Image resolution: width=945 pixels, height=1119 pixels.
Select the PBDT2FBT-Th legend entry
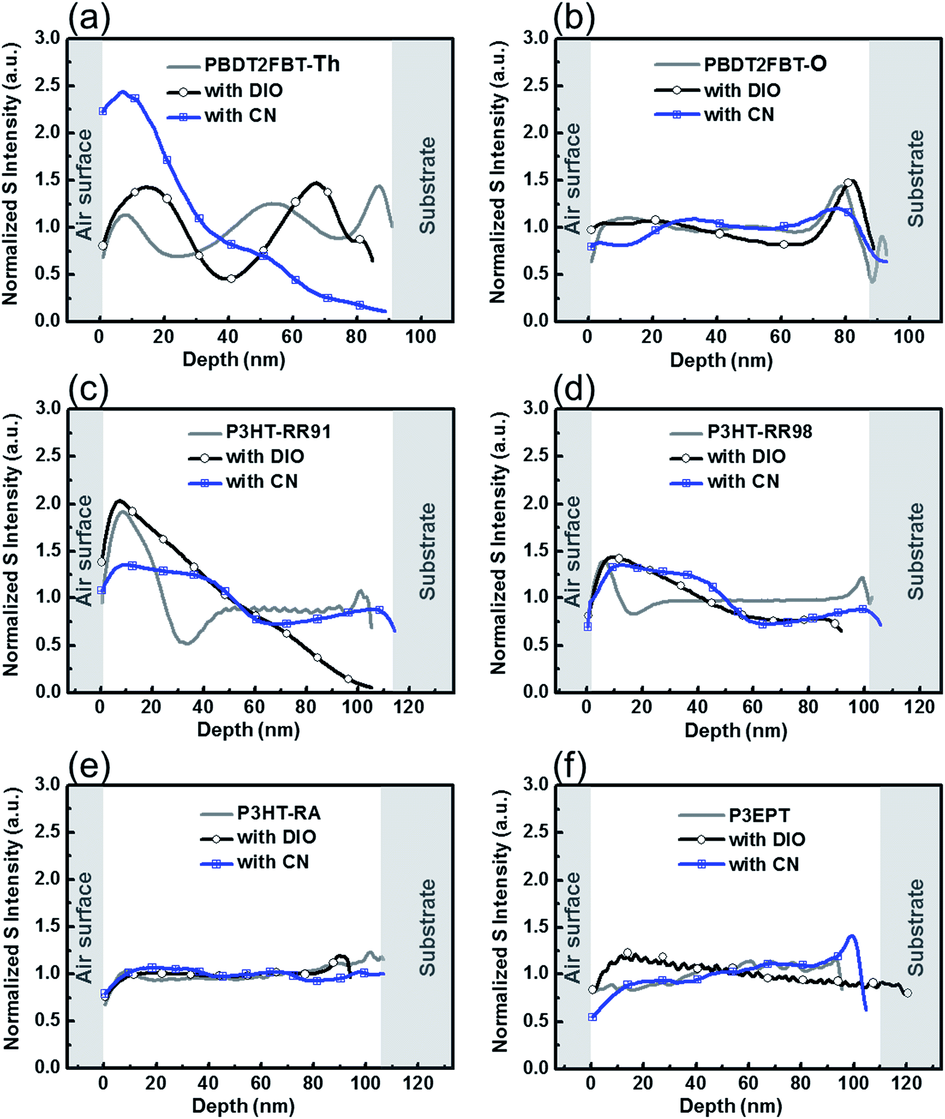pyautogui.click(x=272, y=65)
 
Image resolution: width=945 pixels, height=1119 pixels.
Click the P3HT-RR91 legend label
pyautogui.click(x=278, y=431)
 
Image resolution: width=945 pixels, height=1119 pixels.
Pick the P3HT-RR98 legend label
pyautogui.click(x=759, y=431)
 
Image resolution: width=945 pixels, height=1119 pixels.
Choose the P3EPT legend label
pyautogui.click(x=759, y=815)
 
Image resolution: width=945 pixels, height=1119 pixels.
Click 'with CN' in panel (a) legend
pyautogui.click(x=241, y=116)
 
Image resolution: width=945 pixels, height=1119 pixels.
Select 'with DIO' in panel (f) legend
pyautogui.click(x=767, y=840)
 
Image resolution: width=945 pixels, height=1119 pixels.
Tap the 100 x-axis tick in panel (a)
pyautogui.click(x=421, y=337)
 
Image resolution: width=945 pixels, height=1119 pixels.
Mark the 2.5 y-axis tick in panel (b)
pyautogui.click(x=536, y=86)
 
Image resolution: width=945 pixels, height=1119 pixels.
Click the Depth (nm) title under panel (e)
pyautogui.click(x=243, y=1106)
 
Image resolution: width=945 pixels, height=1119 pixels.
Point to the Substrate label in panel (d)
pyautogui.click(x=915, y=551)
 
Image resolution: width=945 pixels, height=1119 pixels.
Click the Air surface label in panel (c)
pyautogui.click(x=84, y=551)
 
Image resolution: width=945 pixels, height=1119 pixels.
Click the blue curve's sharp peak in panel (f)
pyautogui.click(x=852, y=936)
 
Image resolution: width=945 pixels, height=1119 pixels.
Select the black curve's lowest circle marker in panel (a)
pyautogui.click(x=231, y=278)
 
